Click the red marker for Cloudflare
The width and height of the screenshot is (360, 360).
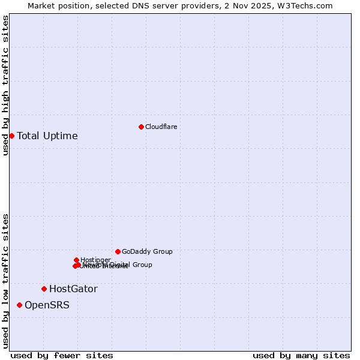point(141,127)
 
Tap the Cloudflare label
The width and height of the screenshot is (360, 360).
point(161,127)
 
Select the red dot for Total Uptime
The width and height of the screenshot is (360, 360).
point(11,136)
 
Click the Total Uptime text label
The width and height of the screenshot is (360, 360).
point(47,136)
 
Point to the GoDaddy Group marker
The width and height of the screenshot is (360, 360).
point(118,251)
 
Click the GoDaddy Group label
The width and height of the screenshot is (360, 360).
point(147,251)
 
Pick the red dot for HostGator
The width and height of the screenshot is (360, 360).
point(44,289)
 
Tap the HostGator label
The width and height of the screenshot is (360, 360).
point(73,289)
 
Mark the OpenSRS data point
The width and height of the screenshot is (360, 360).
point(19,305)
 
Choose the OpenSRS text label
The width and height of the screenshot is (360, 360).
point(47,305)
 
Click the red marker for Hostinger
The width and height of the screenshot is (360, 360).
point(76,260)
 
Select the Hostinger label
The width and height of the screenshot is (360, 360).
point(95,260)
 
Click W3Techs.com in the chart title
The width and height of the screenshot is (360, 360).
point(308,5)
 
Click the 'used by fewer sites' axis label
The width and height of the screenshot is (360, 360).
point(62,355)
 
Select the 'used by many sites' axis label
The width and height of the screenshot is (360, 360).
point(301,355)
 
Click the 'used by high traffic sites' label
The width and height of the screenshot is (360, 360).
point(5,85)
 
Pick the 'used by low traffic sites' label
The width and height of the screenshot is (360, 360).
point(5,281)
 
